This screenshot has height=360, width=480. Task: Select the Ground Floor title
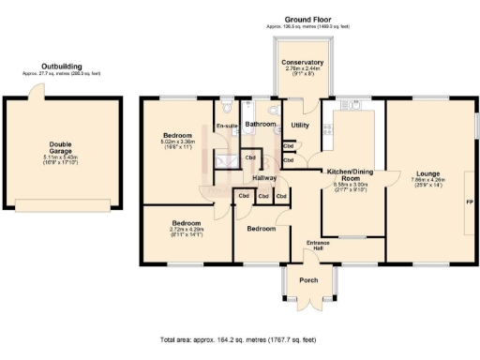[308, 18]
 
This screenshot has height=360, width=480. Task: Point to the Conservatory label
[302, 63]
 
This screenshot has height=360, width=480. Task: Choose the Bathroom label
[260, 124]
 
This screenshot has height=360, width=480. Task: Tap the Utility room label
[300, 125]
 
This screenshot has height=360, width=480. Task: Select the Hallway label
[264, 177]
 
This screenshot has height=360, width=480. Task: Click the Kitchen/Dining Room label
[349, 174]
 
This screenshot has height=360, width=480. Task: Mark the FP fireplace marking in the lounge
[470, 202]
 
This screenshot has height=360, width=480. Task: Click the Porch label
[308, 280]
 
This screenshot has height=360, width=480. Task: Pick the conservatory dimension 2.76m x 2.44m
[302, 70]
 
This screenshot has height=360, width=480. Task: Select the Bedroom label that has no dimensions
[261, 228]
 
